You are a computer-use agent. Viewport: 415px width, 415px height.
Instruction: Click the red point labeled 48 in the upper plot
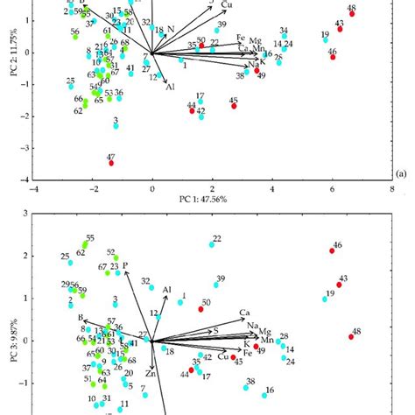[351, 15]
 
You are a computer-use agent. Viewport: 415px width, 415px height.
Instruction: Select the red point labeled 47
[111, 163]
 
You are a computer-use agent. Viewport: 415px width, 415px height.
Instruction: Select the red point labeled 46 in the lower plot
[332, 251]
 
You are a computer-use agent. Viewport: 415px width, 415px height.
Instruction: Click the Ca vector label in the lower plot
[246, 313]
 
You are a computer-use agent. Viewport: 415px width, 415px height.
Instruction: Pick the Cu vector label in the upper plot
[227, 6]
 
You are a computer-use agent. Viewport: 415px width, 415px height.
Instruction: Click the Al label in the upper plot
[170, 87]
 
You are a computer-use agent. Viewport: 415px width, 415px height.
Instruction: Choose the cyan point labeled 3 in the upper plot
[116, 126]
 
